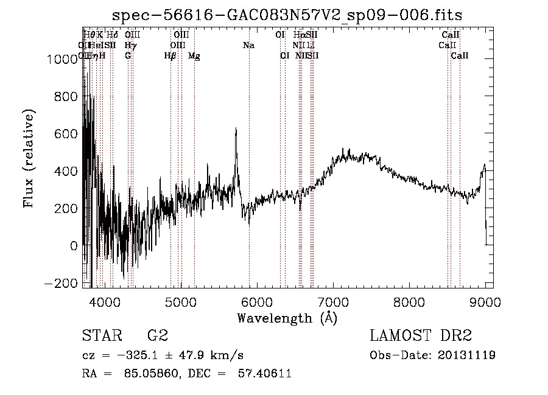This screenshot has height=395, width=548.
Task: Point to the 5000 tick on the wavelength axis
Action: coord(181,301)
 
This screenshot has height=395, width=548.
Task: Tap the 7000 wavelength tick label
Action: coord(333,301)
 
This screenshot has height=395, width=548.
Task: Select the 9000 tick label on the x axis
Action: coord(485,301)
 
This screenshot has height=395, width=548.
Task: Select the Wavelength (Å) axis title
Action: coord(287,318)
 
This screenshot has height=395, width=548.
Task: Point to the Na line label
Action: coord(248,45)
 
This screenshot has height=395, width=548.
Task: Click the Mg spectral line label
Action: coord(194,56)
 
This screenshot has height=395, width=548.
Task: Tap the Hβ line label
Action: coord(170,56)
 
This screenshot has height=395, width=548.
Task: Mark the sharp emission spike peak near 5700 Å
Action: coord(236,128)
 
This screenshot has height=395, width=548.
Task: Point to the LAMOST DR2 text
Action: coord(421,336)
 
